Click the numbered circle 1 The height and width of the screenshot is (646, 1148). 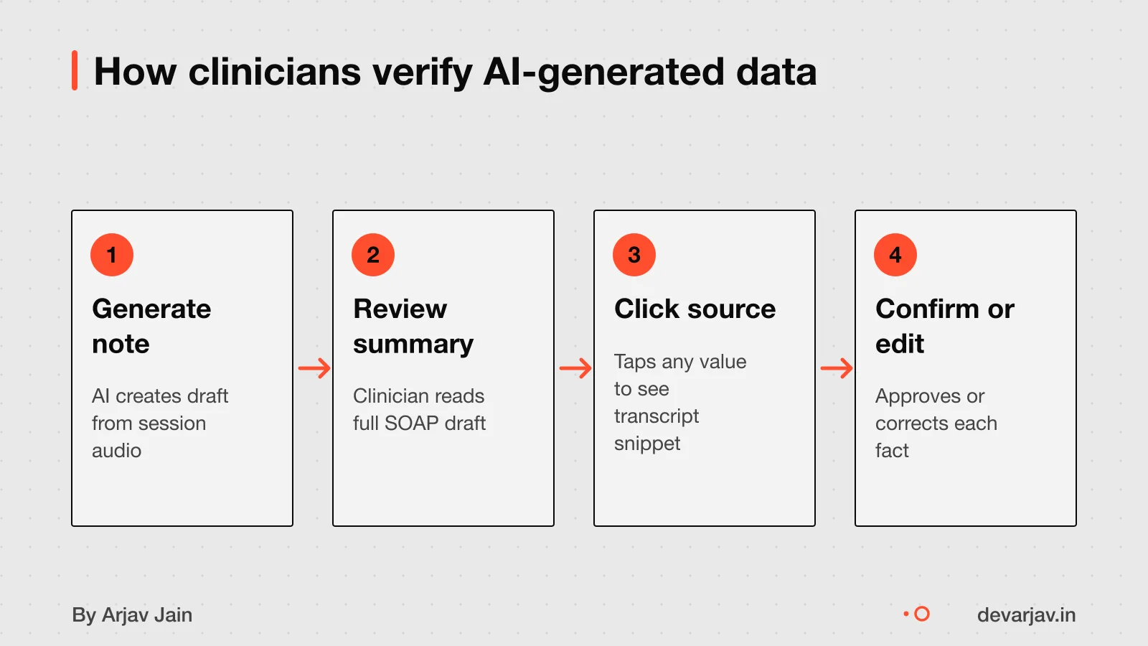click(x=112, y=255)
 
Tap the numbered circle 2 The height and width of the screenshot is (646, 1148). click(x=373, y=255)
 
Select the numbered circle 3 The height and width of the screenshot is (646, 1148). click(x=634, y=255)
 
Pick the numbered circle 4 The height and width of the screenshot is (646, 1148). click(x=895, y=255)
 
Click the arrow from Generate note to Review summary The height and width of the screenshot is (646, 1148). click(x=314, y=368)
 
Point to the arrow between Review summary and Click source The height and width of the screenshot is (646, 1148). click(x=575, y=368)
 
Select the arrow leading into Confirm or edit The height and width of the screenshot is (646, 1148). click(x=837, y=368)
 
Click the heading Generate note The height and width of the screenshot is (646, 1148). click(x=151, y=326)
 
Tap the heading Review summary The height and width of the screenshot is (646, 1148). click(x=413, y=326)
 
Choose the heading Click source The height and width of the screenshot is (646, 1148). click(x=695, y=309)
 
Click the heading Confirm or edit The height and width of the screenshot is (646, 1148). click(x=944, y=326)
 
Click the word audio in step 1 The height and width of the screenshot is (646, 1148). click(x=116, y=450)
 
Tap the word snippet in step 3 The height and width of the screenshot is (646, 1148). click(x=646, y=444)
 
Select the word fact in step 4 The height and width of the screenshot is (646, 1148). click(x=892, y=450)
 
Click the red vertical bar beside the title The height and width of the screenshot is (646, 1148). click(x=75, y=70)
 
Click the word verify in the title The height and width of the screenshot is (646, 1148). click(x=422, y=72)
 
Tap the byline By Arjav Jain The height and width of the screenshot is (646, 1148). click(x=132, y=614)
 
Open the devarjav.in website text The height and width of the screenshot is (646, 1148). click(x=1027, y=614)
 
